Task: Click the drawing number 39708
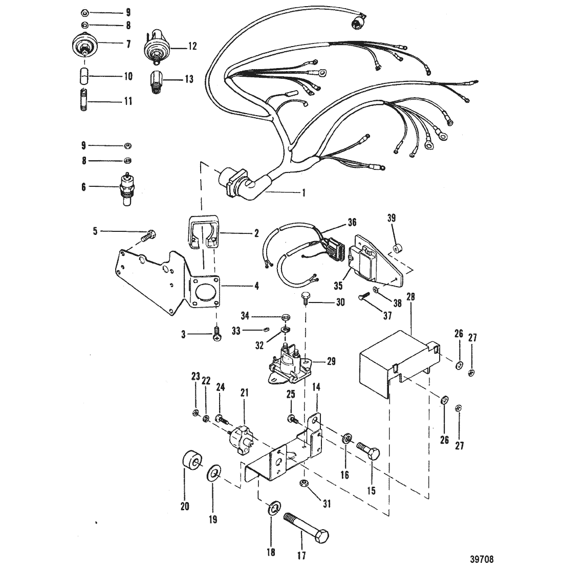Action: (482, 559)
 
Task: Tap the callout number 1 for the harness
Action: (304, 193)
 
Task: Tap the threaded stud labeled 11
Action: (84, 99)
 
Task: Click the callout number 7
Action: (128, 44)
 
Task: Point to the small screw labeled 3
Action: (216, 333)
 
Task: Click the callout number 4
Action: (256, 286)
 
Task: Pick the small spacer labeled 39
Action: (397, 248)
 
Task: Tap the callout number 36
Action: (352, 223)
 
